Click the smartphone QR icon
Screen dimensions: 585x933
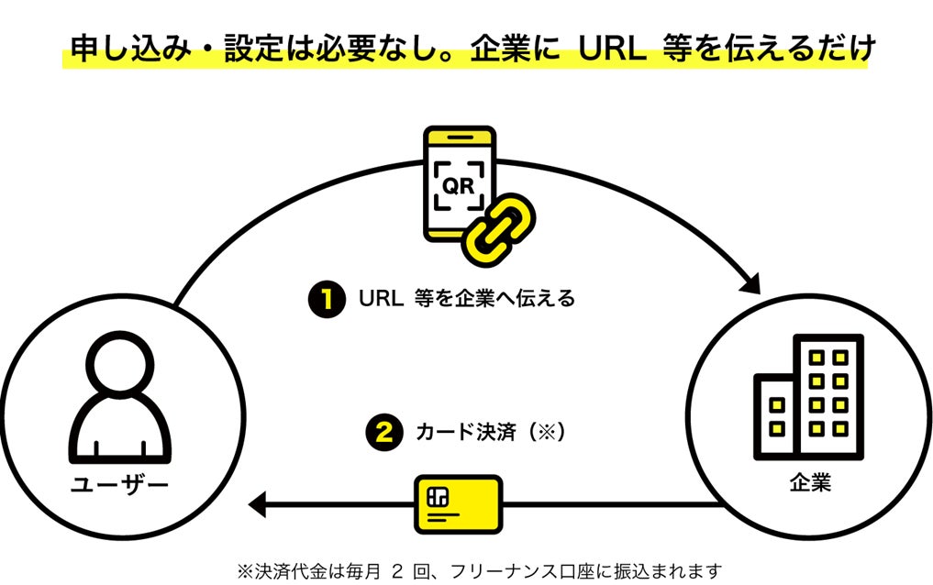coord(459,184)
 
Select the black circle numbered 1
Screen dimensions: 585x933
coord(326,298)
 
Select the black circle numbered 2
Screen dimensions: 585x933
coord(384,432)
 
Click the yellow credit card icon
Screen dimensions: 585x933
coord(458,503)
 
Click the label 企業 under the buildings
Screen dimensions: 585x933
coord(810,482)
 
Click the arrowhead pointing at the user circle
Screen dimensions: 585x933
coord(258,503)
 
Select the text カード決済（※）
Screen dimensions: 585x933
coord(489,432)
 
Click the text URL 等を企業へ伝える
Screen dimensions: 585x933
coord(467,298)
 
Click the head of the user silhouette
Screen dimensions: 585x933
coord(121,361)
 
